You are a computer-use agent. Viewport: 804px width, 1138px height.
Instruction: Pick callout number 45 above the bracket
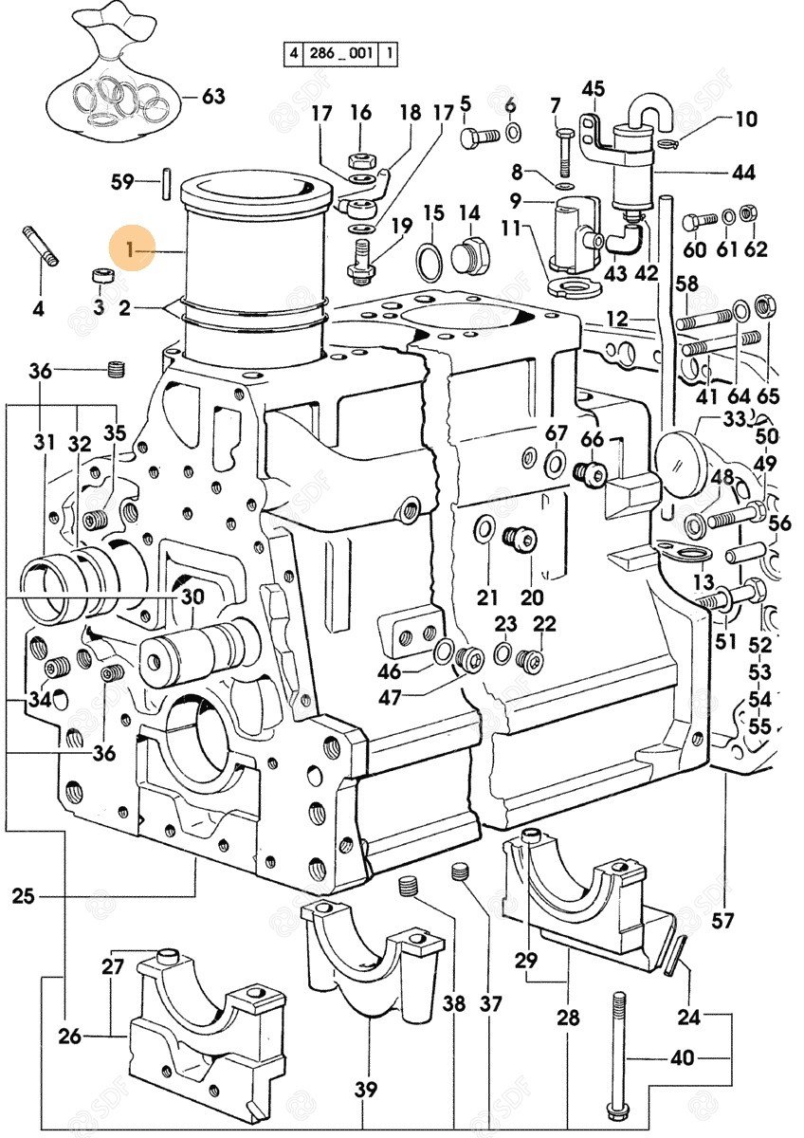(x=593, y=90)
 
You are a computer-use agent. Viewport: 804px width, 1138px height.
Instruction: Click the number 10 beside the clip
(x=746, y=119)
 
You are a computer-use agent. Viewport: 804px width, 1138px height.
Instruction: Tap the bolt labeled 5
(x=478, y=137)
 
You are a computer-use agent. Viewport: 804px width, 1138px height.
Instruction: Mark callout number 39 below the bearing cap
(x=367, y=1092)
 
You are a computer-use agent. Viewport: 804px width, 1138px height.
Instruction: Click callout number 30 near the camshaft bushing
(x=192, y=597)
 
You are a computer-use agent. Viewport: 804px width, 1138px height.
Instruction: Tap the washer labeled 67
(x=556, y=464)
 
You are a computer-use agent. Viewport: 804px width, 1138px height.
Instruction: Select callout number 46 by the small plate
(x=390, y=672)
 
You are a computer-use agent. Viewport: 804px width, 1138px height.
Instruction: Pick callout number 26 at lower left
(x=69, y=1037)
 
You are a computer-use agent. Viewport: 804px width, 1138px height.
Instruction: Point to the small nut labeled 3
(x=100, y=276)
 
